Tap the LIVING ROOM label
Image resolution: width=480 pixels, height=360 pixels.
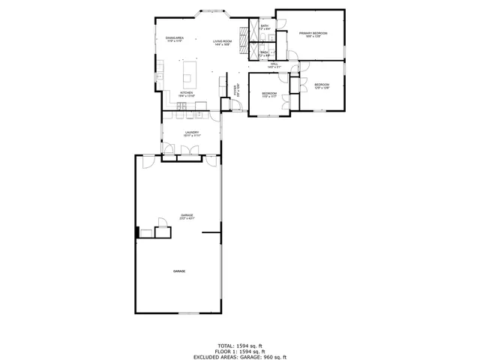coord(222,43)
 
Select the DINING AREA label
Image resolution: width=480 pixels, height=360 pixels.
coord(175,40)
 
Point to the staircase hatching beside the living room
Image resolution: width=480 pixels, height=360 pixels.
coord(243,40)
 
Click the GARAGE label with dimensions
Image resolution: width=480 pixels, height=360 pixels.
coord(187,217)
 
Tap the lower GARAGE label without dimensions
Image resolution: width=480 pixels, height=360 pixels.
coord(179,271)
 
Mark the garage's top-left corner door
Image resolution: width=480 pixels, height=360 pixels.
coord(147,163)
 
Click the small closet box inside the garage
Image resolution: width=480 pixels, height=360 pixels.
coord(162,223)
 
